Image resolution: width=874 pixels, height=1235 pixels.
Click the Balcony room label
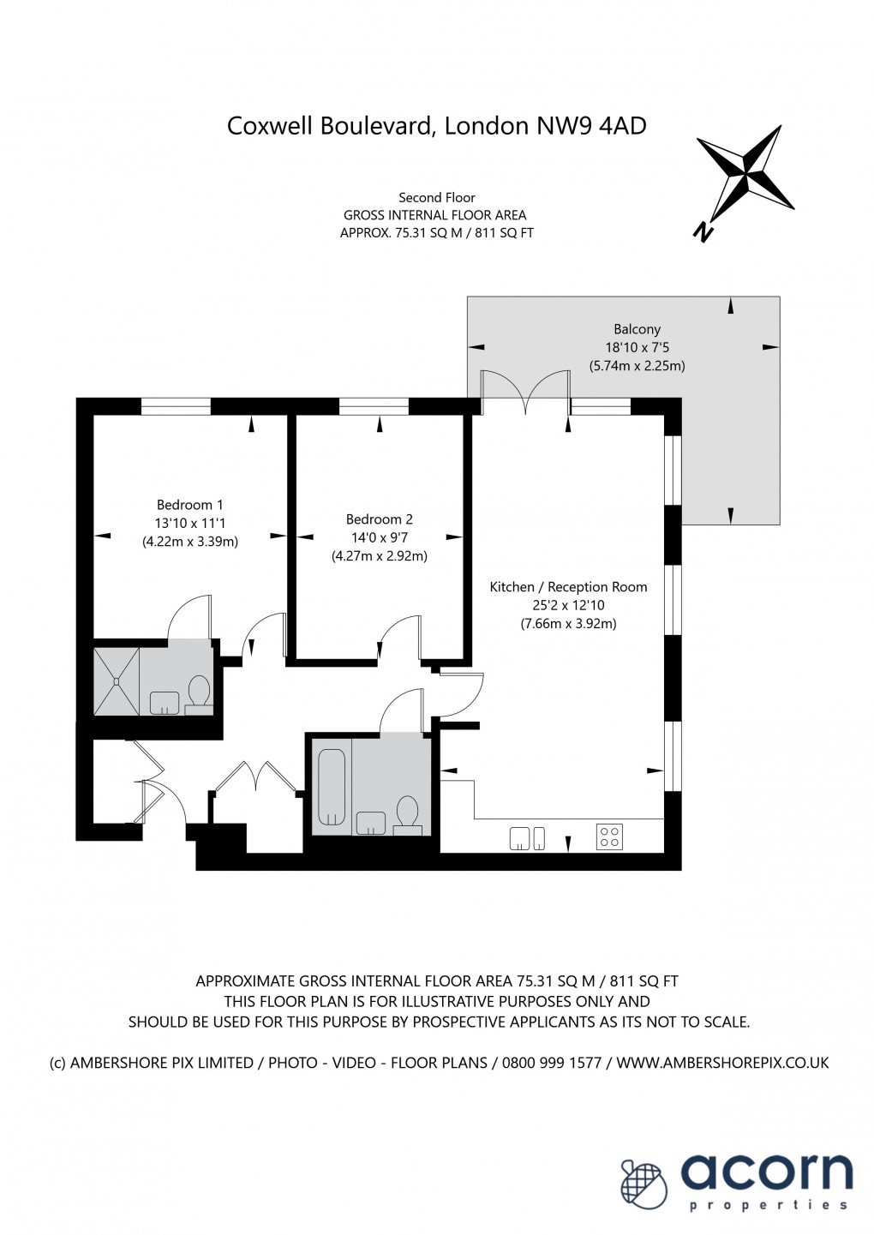coord(637,329)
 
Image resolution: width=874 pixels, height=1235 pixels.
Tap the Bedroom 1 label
coord(189,505)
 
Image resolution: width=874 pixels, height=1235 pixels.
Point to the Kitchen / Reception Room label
coord(568,587)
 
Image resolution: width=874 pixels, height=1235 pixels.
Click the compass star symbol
coord(745,172)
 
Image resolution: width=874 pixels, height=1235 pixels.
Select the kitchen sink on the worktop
coord(527,838)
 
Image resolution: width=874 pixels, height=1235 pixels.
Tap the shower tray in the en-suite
coord(117,681)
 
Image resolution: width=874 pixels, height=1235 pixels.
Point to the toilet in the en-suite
coord(199,695)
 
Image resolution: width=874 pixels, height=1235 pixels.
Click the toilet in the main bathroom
coord(408,815)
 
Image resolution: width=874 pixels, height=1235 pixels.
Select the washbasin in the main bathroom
coord(371,823)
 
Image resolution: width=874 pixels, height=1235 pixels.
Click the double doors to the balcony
coord(525,392)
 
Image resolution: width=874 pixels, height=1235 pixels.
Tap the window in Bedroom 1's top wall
coord(176,406)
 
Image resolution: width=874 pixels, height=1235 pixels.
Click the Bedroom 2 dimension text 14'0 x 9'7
coord(379,537)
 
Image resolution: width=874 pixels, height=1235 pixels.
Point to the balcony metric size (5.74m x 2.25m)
coord(637,366)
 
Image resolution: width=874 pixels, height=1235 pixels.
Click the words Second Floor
coord(436,197)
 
